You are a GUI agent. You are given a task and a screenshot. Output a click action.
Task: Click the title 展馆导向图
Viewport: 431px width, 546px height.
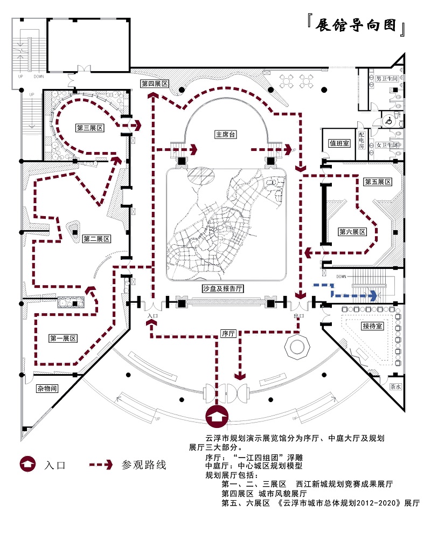[x=356, y=25]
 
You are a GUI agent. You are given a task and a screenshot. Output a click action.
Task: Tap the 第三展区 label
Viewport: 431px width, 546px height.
[x=89, y=128]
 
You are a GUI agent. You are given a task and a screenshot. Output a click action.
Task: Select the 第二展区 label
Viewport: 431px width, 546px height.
[x=96, y=239]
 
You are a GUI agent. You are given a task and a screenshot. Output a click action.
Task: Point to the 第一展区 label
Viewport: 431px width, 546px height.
[x=63, y=338]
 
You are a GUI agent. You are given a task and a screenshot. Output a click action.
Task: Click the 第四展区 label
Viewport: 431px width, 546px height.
[x=155, y=84]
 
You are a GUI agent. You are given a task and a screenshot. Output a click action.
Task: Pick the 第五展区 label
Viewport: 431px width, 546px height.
[x=377, y=182]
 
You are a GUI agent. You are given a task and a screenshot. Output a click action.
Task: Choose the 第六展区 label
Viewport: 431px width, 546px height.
[x=352, y=232]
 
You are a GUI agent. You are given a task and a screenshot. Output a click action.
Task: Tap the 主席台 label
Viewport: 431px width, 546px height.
[x=226, y=134]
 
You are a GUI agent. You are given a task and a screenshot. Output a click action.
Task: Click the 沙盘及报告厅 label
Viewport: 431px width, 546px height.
[x=223, y=289]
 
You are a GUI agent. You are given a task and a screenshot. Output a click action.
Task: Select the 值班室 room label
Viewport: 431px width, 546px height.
[x=340, y=143]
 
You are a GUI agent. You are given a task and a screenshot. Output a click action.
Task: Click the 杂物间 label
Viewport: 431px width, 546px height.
[x=47, y=389]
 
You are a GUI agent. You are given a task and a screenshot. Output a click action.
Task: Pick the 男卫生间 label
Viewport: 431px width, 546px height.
[x=387, y=79]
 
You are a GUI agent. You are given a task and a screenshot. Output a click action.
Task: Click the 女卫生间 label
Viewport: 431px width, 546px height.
[x=386, y=146]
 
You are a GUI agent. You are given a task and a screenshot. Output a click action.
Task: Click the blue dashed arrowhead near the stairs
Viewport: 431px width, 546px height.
[x=373, y=295]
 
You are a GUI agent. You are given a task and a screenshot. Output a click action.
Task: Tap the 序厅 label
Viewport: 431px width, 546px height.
[x=229, y=334]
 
